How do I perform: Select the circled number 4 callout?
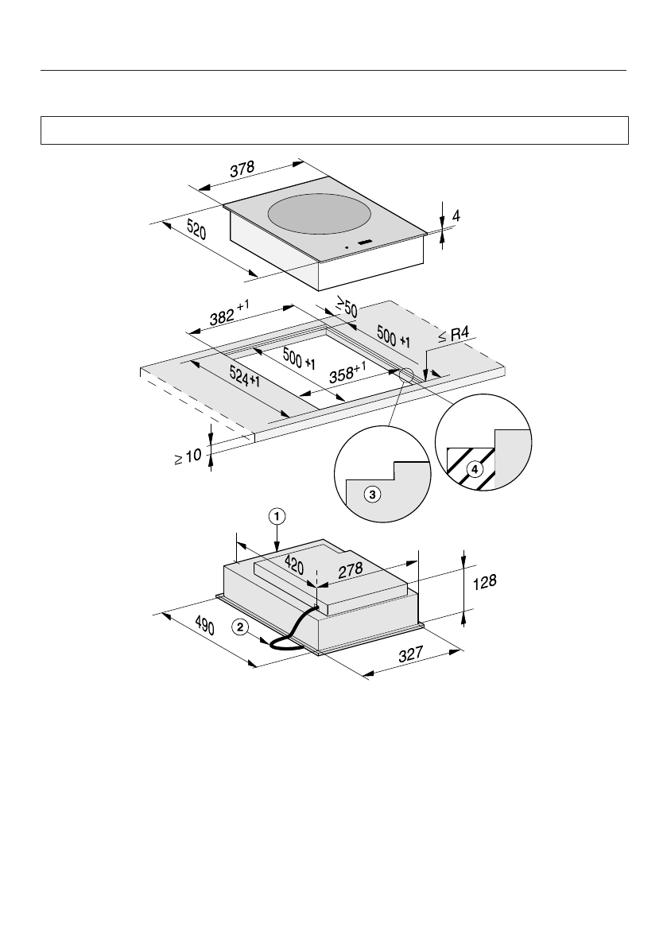475,469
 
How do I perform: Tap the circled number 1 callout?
276,516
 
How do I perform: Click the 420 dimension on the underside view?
293,566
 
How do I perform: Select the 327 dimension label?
410,656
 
